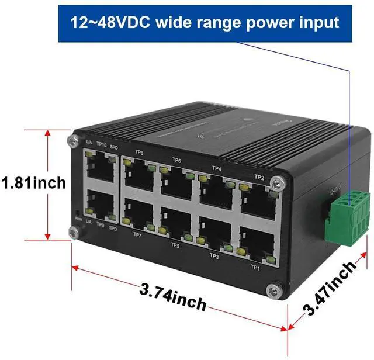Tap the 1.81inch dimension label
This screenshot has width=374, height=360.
[33, 184]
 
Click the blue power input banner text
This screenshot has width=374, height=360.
[205, 23]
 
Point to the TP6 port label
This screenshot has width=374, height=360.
[176, 160]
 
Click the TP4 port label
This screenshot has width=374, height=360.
[217, 168]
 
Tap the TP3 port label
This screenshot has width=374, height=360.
[214, 255]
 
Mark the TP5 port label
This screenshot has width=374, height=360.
[175, 245]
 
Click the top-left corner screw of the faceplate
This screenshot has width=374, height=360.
[72, 140]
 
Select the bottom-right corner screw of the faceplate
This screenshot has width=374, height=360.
[273, 290]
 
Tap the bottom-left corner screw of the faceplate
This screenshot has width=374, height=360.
[75, 232]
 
